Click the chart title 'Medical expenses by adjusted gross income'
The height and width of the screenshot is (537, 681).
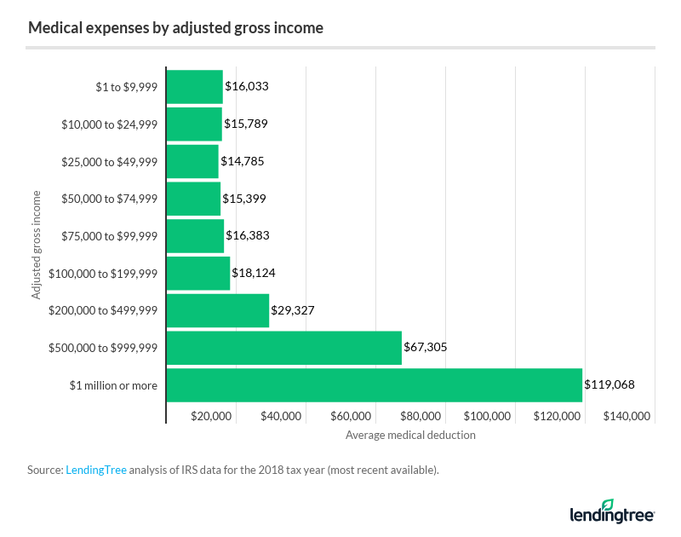tap(175, 27)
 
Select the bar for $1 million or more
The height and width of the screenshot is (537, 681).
tap(374, 385)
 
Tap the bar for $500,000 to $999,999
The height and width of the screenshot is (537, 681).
tap(283, 348)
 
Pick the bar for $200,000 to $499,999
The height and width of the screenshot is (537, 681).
tap(217, 310)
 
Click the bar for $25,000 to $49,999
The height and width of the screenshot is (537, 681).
tap(192, 161)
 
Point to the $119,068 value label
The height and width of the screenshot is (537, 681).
tap(609, 385)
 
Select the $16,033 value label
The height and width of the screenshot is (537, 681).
tap(247, 86)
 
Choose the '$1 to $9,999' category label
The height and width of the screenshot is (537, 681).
tap(126, 86)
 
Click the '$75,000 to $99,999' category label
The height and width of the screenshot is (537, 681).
tap(110, 236)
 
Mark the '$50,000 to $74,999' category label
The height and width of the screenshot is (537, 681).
tap(110, 199)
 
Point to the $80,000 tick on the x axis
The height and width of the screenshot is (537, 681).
tap(420, 416)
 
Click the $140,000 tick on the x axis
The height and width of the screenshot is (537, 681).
tap(627, 416)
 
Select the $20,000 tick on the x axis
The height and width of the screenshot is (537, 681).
tap(210, 416)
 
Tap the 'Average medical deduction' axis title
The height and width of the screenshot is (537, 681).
tap(410, 435)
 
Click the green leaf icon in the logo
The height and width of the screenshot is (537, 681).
tap(608, 505)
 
